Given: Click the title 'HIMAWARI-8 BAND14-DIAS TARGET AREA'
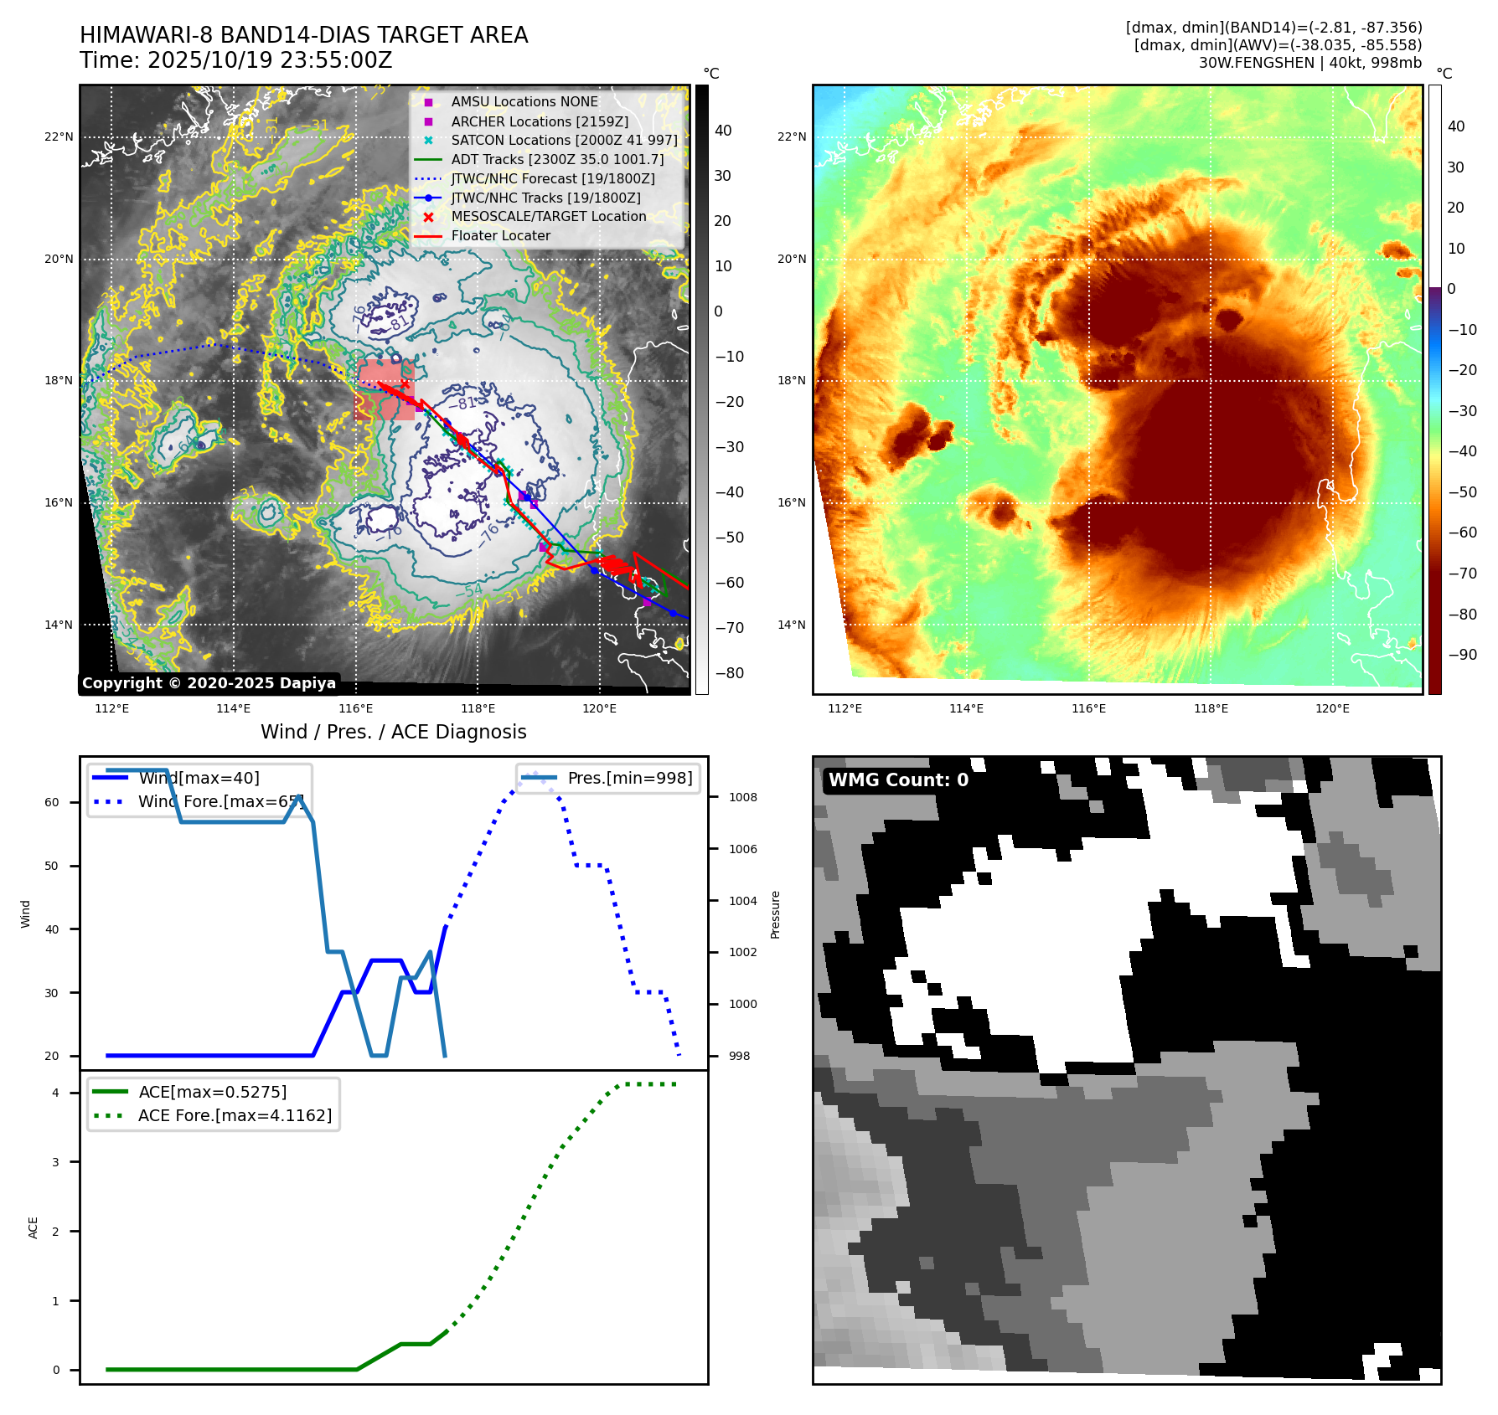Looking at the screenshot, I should [303, 35].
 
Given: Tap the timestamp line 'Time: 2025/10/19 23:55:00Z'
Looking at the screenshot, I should [235, 60].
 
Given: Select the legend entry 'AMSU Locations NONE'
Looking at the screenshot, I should [524, 101].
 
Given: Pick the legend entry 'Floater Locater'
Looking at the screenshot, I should [500, 236].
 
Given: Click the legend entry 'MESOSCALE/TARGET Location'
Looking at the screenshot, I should [548, 217].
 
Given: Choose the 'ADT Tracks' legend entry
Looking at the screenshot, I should [557, 159].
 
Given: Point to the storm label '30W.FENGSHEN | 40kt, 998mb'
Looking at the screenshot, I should [1309, 63].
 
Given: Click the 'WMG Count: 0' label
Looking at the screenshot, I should [898, 780].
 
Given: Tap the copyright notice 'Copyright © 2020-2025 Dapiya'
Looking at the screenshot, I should [209, 683].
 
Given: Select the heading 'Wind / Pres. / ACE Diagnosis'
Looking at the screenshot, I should [393, 732].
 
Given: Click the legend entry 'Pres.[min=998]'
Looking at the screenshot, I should [629, 778].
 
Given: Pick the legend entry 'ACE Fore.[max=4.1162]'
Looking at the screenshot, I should [235, 1115].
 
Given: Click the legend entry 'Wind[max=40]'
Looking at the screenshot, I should [199, 778].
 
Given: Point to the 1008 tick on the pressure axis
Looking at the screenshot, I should [742, 797].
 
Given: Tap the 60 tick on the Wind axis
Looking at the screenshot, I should [52, 802].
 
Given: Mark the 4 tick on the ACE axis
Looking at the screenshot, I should [55, 1093].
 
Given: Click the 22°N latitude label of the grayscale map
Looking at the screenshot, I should [59, 136].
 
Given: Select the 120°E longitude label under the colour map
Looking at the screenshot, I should [1332, 708].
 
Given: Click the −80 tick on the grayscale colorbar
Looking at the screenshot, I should [729, 673].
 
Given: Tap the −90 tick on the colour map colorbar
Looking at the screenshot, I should [1462, 655].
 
